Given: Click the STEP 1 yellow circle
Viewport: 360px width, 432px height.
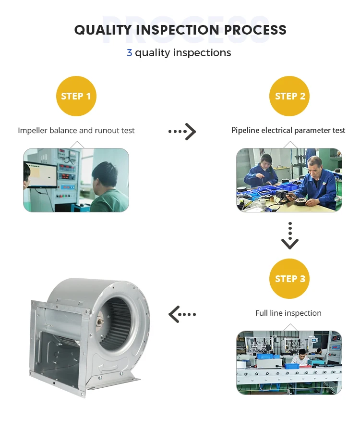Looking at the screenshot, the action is (76, 96).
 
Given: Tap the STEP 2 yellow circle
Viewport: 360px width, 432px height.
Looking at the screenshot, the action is (289, 96).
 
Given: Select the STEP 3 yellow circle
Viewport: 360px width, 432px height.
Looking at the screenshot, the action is (289, 279).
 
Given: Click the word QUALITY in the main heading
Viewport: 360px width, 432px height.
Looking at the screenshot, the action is (103, 30).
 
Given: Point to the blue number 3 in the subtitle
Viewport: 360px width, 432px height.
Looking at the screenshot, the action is (129, 53).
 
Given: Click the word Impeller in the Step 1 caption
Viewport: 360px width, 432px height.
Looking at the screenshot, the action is (33, 131).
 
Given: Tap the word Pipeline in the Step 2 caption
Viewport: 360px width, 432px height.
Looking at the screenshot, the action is (245, 130).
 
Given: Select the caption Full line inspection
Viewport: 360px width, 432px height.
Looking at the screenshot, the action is (288, 313).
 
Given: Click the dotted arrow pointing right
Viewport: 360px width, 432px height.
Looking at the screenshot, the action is (182, 131).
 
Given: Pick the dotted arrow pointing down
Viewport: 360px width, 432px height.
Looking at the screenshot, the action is (290, 235).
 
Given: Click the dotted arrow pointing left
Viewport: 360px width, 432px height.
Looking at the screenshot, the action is (182, 314).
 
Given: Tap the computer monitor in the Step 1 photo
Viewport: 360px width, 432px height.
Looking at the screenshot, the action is (42, 175).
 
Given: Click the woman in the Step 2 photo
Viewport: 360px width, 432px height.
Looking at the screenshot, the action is (261, 171).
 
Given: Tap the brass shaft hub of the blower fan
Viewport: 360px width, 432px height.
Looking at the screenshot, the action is (98, 322).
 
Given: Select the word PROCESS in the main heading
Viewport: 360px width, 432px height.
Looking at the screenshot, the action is (255, 30).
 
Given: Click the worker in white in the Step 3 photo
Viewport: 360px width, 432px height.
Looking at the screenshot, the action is (300, 358).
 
